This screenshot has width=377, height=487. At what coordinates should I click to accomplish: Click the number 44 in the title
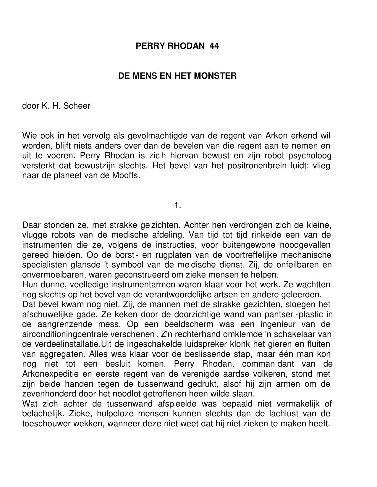[x=214, y=46]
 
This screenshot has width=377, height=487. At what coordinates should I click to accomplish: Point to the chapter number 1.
[x=177, y=205]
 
